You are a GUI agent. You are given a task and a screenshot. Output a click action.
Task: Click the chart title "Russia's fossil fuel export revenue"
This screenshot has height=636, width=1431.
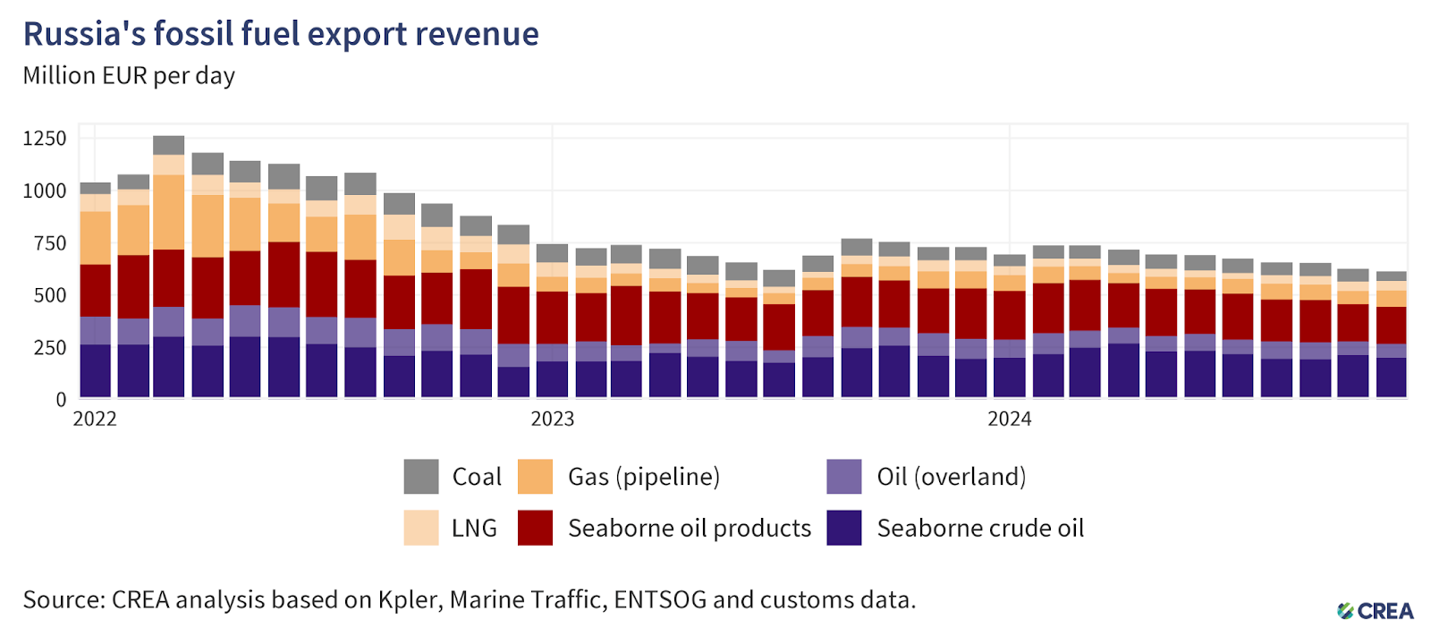click(281, 34)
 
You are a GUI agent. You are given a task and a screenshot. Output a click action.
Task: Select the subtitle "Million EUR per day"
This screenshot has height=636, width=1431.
click(129, 76)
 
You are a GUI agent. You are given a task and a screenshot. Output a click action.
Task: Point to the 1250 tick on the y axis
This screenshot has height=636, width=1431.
click(45, 139)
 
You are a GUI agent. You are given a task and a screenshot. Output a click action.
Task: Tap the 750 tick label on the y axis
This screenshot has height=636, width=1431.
click(50, 243)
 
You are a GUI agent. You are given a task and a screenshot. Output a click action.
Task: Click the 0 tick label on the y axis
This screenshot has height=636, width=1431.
click(61, 400)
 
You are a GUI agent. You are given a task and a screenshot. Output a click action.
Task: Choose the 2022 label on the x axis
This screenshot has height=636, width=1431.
click(95, 420)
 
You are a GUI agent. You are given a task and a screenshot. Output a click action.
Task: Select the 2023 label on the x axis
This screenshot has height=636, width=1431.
click(552, 420)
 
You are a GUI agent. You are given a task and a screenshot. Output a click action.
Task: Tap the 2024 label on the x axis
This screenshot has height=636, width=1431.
click(1009, 420)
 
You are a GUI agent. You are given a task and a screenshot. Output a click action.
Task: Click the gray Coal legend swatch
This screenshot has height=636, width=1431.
click(421, 477)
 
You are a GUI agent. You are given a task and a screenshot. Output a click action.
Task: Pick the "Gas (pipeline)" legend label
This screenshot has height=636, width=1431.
click(644, 477)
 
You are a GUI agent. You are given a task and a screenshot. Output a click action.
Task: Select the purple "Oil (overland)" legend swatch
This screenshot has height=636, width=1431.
click(844, 477)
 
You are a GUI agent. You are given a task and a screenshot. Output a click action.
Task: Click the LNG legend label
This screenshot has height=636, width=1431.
click(474, 529)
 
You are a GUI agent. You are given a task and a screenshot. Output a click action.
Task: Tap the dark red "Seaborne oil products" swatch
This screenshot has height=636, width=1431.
click(535, 529)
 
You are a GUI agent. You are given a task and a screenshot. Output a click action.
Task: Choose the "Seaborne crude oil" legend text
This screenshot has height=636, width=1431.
click(980, 529)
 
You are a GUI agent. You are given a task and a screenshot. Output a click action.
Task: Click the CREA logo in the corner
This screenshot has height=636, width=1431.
click(1376, 611)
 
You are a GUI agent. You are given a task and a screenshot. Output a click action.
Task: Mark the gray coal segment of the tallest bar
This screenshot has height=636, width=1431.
click(169, 145)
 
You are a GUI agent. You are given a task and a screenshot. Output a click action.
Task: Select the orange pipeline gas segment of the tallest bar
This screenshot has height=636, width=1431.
click(169, 212)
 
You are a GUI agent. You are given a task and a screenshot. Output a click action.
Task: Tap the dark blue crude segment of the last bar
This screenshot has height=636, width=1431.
click(1391, 377)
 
